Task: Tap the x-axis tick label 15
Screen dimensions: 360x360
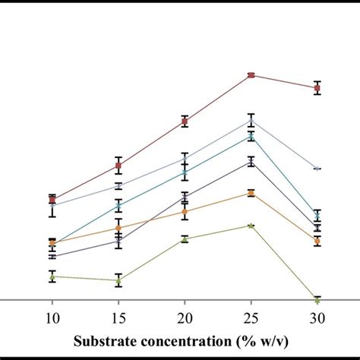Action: click(118, 318)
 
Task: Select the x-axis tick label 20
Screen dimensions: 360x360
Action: click(185, 318)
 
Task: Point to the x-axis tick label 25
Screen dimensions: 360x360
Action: click(251, 318)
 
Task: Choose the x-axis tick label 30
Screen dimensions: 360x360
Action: click(317, 318)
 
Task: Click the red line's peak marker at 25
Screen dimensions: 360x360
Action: click(251, 75)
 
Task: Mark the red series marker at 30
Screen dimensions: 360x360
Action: click(317, 88)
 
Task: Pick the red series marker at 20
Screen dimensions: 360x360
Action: click(185, 121)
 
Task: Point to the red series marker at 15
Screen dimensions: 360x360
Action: click(118, 165)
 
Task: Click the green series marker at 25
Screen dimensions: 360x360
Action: click(251, 226)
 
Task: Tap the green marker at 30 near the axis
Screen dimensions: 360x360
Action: click(317, 299)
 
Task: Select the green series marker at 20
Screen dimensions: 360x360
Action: click(185, 239)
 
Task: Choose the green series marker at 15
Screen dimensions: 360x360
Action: click(118, 280)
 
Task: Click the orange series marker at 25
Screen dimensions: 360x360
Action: click(251, 193)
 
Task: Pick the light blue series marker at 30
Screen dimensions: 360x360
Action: click(317, 169)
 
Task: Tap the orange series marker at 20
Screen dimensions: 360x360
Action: click(185, 211)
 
